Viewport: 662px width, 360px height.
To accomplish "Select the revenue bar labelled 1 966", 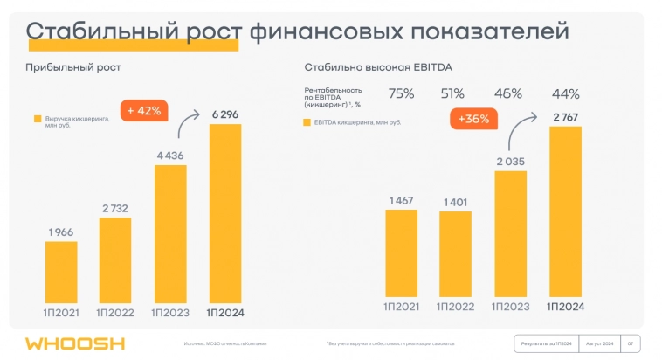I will coord(61,270).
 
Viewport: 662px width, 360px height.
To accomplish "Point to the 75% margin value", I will coord(401,93).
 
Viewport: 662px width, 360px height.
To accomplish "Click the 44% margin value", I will coord(564,93).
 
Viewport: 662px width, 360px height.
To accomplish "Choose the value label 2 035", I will coord(510,161).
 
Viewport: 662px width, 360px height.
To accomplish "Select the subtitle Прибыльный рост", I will coord(73,67).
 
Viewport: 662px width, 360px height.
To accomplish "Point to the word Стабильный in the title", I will coord(99,32).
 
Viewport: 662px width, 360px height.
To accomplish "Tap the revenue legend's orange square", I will coord(38,119).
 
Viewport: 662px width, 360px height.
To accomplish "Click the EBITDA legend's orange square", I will coord(307,123).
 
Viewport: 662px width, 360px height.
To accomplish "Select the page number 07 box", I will coord(630,343).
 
